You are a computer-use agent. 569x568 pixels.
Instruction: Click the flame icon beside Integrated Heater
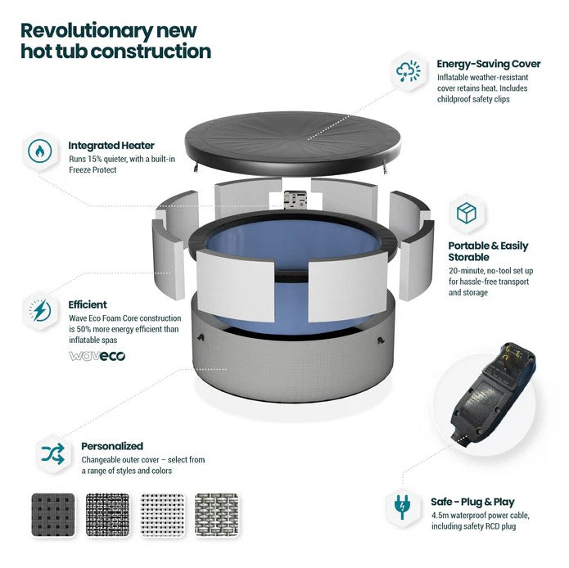(40, 151)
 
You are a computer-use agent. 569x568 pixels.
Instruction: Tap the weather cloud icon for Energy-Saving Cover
(409, 70)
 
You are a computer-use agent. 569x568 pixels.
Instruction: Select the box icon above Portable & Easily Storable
(467, 214)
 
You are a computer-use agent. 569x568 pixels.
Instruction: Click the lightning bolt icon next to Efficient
(40, 310)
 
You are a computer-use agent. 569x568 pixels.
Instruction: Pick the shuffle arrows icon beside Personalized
(53, 453)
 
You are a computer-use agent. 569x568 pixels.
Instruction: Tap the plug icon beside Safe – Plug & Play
(402, 507)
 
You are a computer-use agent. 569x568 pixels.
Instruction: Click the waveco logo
(97, 356)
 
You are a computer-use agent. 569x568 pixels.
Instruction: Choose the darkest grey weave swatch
(53, 515)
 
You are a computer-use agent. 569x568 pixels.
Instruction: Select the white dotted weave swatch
(162, 515)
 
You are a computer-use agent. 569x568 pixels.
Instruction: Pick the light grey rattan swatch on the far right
(217, 515)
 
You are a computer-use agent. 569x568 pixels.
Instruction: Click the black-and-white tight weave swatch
(108, 515)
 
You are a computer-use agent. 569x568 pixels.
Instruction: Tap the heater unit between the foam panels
(295, 199)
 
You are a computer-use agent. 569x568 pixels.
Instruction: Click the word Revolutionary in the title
(86, 31)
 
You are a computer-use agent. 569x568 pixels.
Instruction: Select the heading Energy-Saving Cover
(489, 64)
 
